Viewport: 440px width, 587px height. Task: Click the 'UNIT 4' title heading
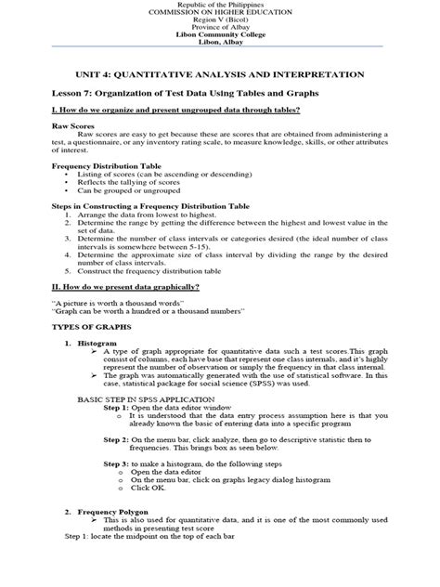(219, 73)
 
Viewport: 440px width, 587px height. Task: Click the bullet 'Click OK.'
(148, 487)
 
